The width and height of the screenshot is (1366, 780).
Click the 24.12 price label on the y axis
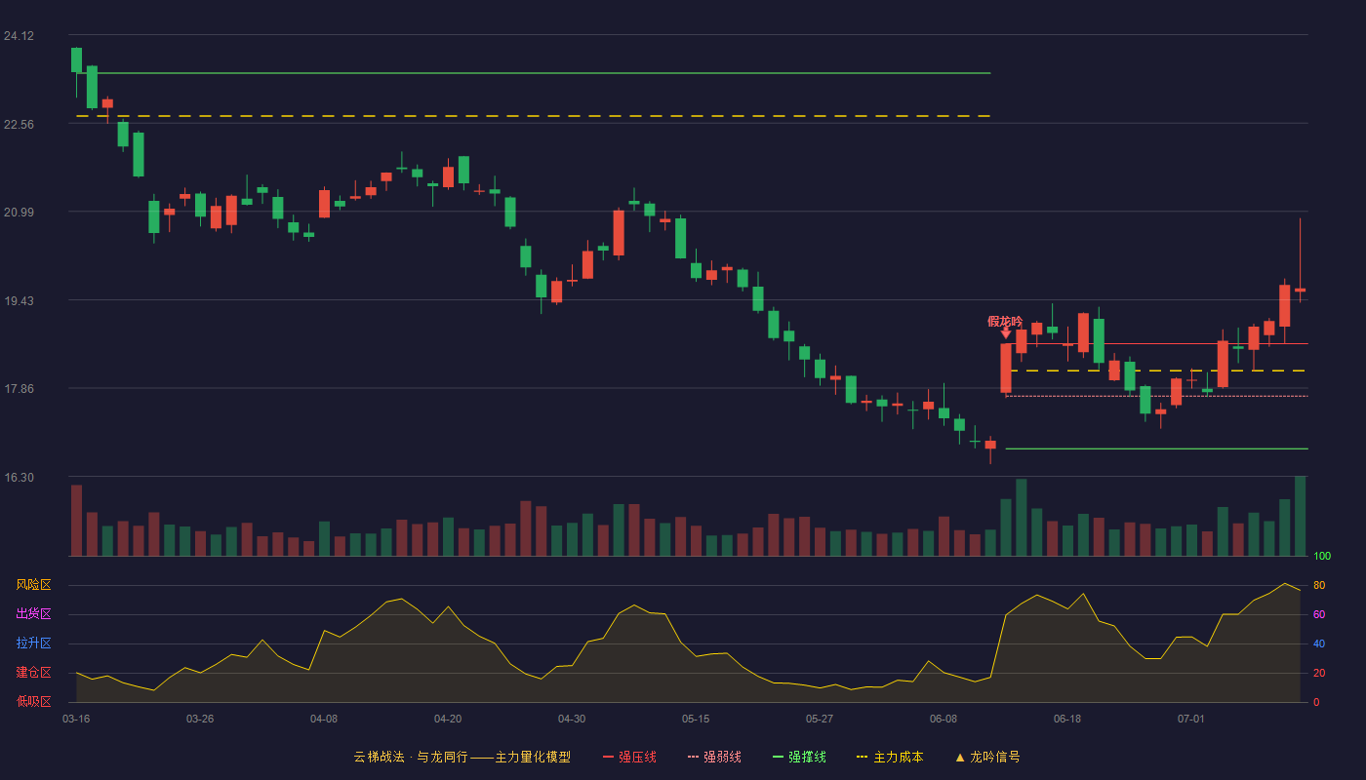pos(19,36)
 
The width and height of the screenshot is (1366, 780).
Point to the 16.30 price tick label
pos(19,477)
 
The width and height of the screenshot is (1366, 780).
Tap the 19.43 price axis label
pos(19,301)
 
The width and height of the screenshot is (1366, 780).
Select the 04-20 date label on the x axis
pos(448,720)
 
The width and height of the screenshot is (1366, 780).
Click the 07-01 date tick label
pos(1191,720)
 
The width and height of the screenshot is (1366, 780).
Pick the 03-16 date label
pos(76,720)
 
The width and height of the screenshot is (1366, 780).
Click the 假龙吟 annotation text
pos(1004,321)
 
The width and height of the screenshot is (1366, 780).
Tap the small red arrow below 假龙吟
pos(1006,332)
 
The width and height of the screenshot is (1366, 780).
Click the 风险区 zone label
pos(33,585)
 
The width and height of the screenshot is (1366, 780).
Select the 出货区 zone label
pos(33,613)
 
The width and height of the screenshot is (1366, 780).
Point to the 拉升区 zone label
pos(33,643)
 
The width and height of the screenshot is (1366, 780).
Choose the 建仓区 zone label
pos(33,672)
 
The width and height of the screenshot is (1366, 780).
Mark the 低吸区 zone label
pos(33,701)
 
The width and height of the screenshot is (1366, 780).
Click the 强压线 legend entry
pos(629,757)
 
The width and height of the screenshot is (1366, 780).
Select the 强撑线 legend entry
pos(799,757)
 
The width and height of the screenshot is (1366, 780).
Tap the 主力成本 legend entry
pos(890,757)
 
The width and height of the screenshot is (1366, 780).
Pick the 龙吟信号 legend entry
pos(987,757)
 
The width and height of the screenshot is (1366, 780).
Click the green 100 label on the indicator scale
pos(1322,556)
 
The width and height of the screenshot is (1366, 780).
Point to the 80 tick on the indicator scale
pos(1319,585)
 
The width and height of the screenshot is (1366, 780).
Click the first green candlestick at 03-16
pos(76,59)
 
